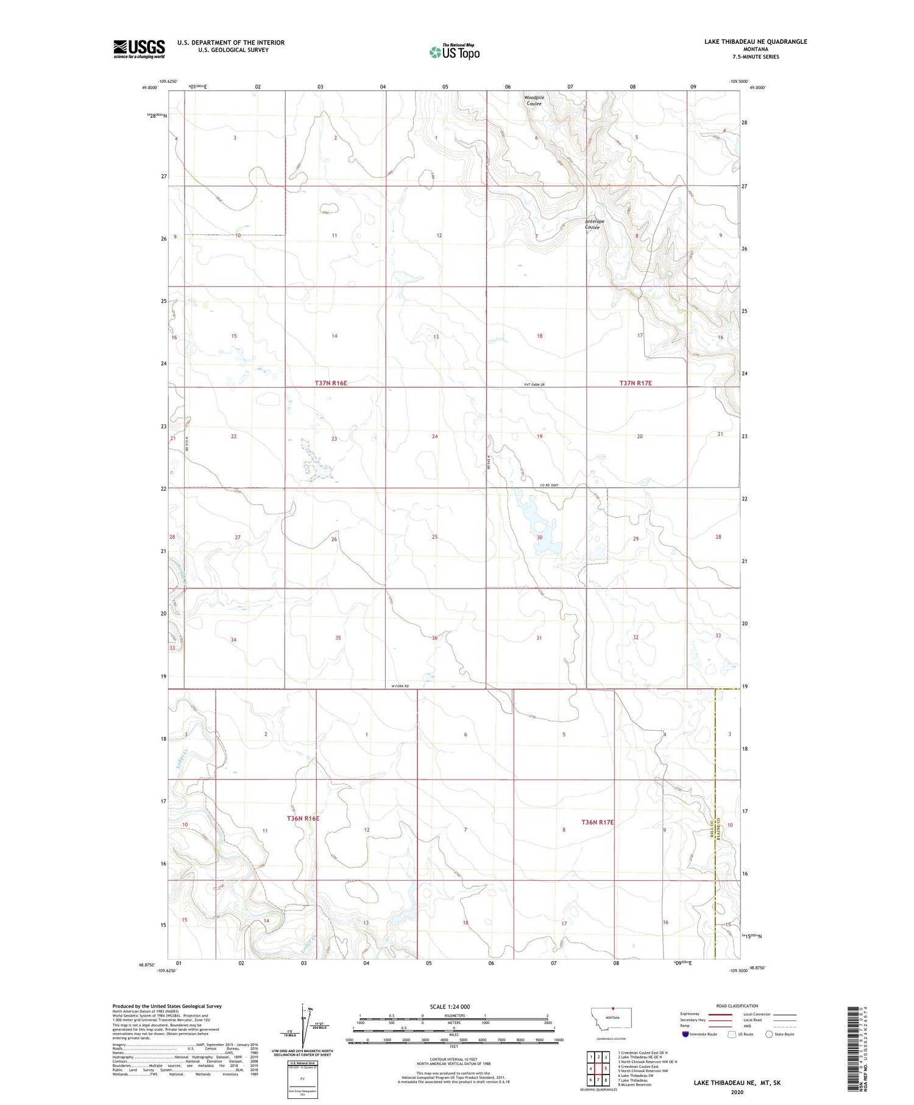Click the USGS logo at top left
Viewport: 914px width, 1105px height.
[139, 49]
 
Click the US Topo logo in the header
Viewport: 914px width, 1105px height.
[454, 52]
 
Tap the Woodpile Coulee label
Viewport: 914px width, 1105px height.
[533, 101]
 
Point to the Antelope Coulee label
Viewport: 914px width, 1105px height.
[592, 224]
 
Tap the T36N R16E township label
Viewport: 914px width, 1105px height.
[303, 819]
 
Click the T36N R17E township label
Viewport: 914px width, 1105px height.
[597, 822]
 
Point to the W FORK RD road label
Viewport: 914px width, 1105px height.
[400, 687]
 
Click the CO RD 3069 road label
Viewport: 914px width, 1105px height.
[549, 485]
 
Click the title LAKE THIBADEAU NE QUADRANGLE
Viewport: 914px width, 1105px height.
[756, 41]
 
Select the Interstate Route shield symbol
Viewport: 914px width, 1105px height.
[686, 1034]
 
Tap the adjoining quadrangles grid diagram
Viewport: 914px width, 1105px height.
[598, 1064]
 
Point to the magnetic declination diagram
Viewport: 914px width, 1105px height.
[303, 1027]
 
